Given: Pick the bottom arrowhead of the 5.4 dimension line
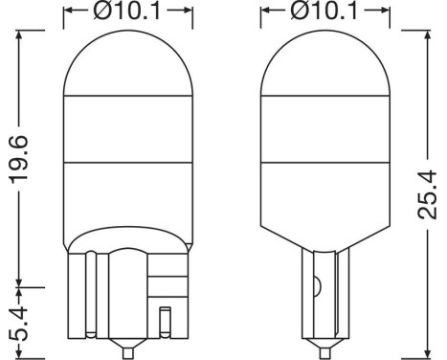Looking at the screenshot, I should [x=23, y=348].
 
